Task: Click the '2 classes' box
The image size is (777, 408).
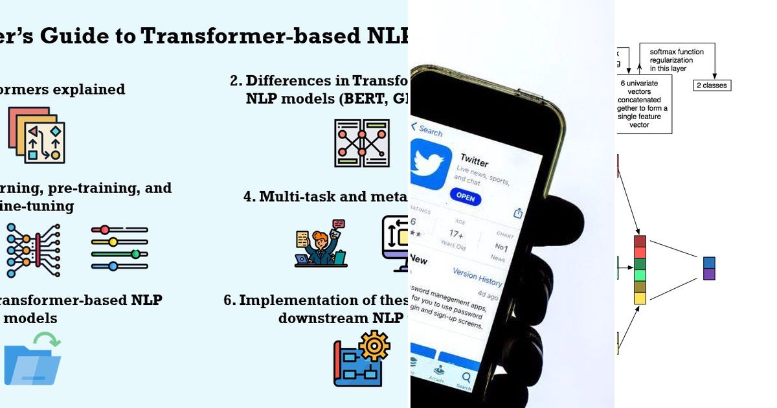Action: (712, 85)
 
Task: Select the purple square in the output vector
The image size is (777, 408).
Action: (709, 274)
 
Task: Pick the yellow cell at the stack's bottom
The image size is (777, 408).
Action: (640, 298)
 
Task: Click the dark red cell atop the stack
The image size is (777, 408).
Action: (640, 241)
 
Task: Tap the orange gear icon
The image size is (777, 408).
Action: (374, 345)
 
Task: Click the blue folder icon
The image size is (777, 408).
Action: (32, 365)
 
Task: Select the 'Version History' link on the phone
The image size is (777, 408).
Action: (477, 277)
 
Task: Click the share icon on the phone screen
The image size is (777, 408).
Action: (518, 213)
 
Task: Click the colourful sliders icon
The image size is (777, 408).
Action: (119, 247)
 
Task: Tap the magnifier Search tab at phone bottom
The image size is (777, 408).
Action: (464, 380)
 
